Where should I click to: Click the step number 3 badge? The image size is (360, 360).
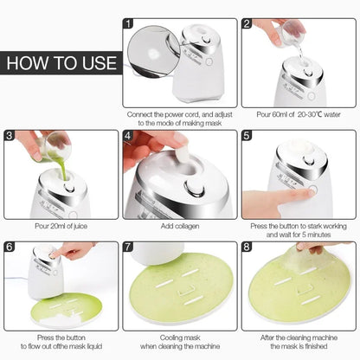click(10, 135)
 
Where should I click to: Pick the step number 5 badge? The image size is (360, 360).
click(247, 135)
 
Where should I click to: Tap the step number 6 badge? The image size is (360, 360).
click(10, 246)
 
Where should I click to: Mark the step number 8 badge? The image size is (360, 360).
click(247, 246)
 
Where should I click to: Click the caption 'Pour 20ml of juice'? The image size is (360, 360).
click(61, 226)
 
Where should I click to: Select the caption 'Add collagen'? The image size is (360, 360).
click(179, 226)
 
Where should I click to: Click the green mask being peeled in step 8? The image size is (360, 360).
click(299, 290)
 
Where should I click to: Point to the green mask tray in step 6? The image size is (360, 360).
click(61, 307)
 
